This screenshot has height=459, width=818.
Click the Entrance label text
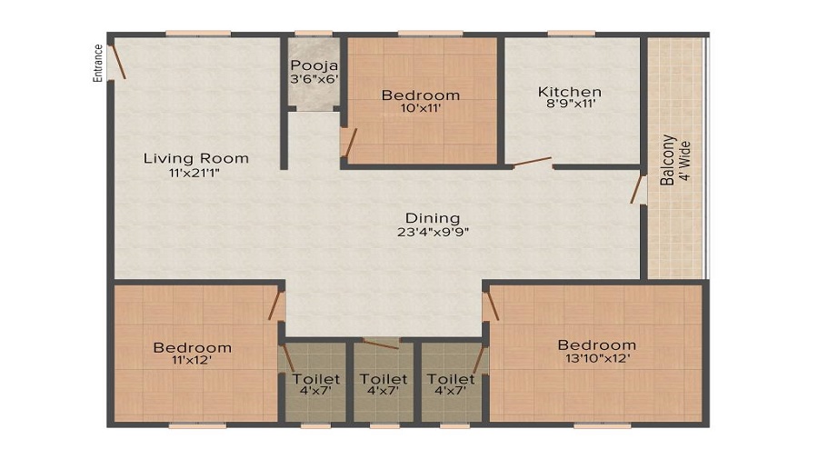[98, 64]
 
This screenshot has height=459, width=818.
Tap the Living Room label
[195, 158]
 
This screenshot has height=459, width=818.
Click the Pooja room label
[314, 65]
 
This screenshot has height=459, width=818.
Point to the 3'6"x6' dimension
[314, 79]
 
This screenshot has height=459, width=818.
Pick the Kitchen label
[570, 92]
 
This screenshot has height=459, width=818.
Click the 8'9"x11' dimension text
[570, 105]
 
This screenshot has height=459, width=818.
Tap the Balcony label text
[668, 160]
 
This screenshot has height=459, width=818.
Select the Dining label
[433, 218]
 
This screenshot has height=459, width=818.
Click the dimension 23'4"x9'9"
[433, 231]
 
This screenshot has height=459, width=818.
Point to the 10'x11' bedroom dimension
[420, 108]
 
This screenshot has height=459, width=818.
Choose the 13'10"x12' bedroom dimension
[596, 358]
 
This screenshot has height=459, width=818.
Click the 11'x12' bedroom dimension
[192, 360]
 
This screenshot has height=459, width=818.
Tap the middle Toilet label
[383, 379]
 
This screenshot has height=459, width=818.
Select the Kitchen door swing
[531, 164]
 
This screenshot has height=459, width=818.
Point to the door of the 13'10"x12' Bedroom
[491, 304]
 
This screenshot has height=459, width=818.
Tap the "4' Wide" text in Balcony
[686, 161]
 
